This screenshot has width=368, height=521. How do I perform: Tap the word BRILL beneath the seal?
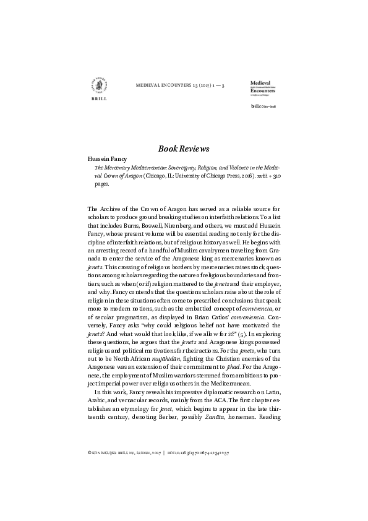coord(98,99)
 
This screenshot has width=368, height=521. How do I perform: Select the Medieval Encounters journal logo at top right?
coord(263,88)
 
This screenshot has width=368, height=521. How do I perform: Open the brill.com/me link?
coord(263,106)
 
